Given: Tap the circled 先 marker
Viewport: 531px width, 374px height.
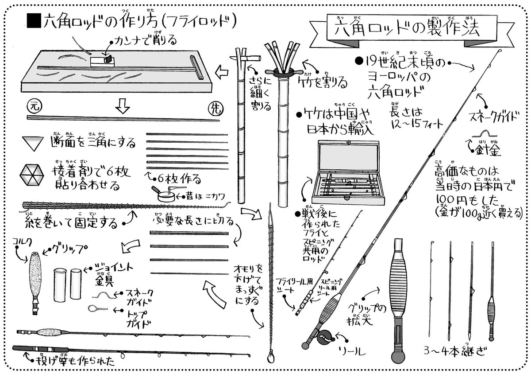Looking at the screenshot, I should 214,108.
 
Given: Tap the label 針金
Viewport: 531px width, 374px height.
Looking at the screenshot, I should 489,150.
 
